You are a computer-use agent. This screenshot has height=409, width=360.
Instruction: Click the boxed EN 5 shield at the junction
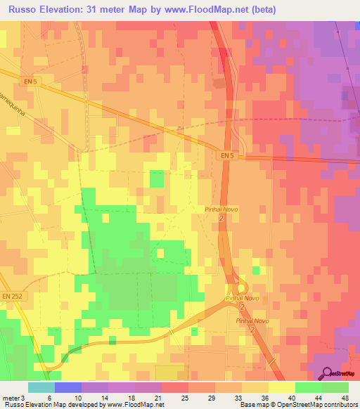click(225, 155)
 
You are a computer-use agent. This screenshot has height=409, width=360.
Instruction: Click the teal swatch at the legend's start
click(41, 387)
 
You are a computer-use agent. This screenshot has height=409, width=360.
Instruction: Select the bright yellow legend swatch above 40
click(281, 387)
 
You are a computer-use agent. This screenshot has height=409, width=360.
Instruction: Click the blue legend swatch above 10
click(68, 387)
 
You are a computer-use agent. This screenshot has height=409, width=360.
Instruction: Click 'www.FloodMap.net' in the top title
click(205, 10)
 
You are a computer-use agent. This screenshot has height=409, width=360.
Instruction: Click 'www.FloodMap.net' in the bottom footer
click(134, 405)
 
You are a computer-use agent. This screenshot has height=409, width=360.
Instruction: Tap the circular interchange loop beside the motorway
click(241, 287)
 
